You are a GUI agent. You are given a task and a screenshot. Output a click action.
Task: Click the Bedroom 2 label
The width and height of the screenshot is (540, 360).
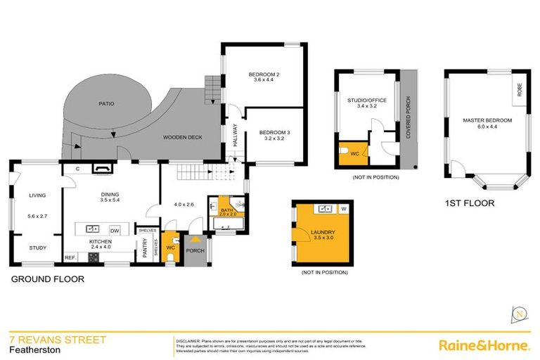tap(264, 75)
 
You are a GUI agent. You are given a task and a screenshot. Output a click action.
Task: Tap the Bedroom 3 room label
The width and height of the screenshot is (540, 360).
tap(274, 133)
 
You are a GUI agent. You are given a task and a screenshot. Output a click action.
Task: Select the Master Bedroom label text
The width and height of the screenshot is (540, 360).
tap(487, 121)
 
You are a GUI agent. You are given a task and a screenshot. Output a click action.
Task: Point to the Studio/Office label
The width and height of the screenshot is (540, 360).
tap(366, 101)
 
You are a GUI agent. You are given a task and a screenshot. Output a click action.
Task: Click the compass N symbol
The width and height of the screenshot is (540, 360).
tap(519, 313)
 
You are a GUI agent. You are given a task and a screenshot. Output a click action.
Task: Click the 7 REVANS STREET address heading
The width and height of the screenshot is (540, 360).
tap(57, 340)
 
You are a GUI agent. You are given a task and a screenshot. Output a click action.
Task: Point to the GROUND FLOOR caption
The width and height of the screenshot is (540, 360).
tap(47, 279)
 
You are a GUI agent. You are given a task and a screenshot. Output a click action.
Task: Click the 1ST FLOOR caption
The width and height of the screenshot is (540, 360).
tap(469, 204)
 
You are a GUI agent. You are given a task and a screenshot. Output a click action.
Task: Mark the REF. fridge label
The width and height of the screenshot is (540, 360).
tap(70, 258)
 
